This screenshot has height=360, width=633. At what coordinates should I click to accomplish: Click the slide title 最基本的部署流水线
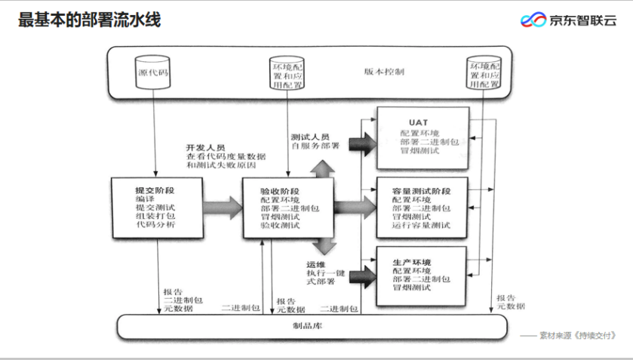tap(90, 20)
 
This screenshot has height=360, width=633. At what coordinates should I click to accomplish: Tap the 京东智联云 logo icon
tap(535, 20)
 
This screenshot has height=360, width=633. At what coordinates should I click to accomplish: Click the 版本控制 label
tap(385, 72)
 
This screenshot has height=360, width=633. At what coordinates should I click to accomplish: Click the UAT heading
tap(419, 122)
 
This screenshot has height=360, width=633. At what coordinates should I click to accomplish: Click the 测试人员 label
tap(310, 137)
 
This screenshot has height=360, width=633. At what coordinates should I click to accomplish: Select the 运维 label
tap(315, 264)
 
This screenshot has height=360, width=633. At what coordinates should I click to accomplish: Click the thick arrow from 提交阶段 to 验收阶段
tap(220, 206)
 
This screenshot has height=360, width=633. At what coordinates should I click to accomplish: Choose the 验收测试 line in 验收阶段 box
tap(280, 225)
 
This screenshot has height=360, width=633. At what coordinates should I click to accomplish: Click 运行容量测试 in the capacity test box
tap(421, 225)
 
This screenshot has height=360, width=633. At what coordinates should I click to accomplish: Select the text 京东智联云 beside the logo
tap(582, 20)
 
